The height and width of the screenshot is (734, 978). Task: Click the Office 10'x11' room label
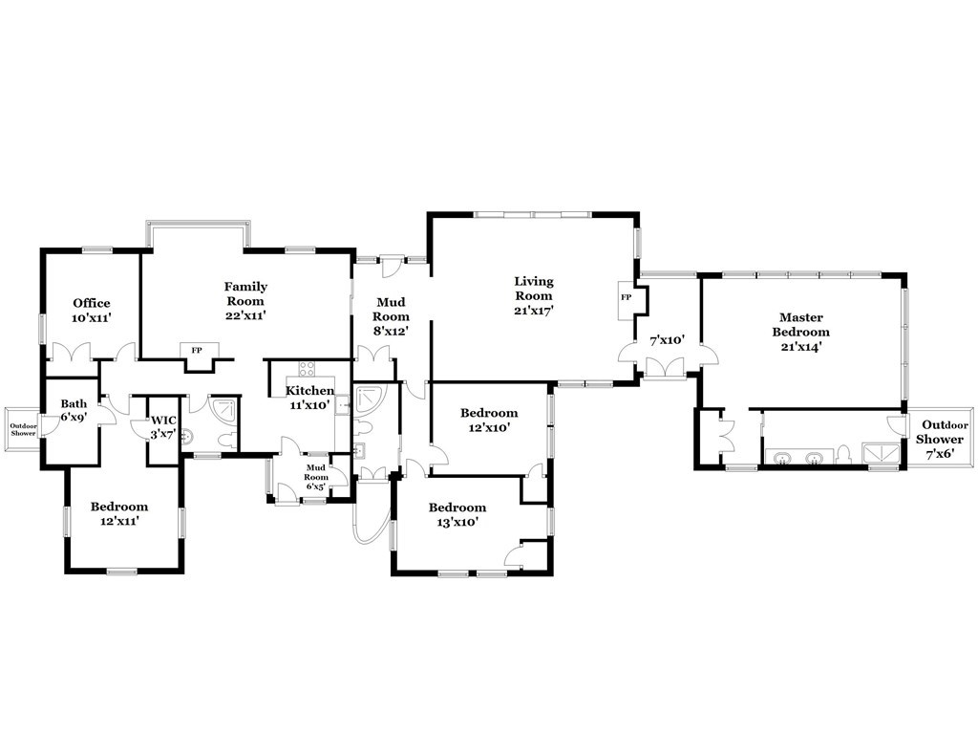click(91, 310)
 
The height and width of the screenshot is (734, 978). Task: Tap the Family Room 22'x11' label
click(245, 300)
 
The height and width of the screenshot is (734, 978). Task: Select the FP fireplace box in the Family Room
click(197, 350)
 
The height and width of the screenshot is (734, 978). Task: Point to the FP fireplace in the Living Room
click(627, 297)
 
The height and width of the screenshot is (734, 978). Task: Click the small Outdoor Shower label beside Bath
click(21, 429)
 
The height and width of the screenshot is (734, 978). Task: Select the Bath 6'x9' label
click(74, 411)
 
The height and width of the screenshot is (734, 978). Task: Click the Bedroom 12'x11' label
click(119, 514)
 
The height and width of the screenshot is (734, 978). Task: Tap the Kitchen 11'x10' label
click(309, 398)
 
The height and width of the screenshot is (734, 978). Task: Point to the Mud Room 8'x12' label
click(391, 316)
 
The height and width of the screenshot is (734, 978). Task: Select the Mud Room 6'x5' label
click(316, 475)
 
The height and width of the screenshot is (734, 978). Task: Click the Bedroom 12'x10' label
click(489, 421)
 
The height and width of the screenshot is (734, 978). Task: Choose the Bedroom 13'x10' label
click(457, 514)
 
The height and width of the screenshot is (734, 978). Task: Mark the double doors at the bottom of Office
click(71, 353)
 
